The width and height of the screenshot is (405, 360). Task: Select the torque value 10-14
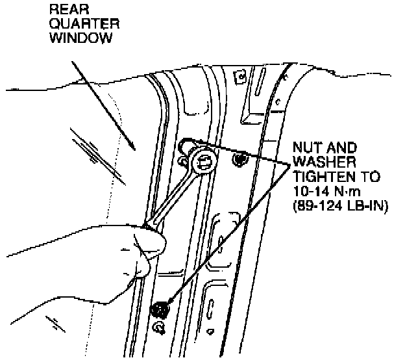(x=308, y=193)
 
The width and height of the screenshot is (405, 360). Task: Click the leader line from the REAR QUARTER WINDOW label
(x=104, y=104)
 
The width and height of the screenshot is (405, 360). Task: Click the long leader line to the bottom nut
(x=227, y=234)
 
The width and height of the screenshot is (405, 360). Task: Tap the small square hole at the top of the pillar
(x=241, y=77)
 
